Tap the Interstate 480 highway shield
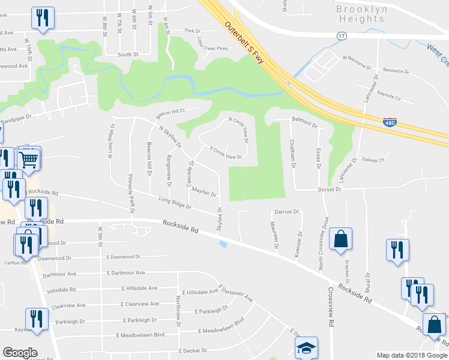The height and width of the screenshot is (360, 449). click(390, 121)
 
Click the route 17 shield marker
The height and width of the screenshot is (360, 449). click(342, 36)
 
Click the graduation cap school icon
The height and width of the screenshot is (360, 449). click(306, 347)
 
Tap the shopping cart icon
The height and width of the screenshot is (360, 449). click(29, 159)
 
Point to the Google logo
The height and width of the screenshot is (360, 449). click(20, 353)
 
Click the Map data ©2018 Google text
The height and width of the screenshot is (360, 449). click(412, 355)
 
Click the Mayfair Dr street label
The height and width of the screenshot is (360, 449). click(204, 192)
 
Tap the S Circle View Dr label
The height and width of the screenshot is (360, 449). click(225, 153)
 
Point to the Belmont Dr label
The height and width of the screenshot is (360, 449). click(304, 122)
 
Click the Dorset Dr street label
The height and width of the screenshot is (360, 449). click(329, 189)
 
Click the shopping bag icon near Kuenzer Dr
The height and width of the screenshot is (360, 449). click(340, 238)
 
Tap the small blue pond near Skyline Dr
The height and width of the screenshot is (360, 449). click(223, 244)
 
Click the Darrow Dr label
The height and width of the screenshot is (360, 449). click(286, 212)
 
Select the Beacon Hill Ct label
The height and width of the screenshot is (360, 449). click(169, 112)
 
